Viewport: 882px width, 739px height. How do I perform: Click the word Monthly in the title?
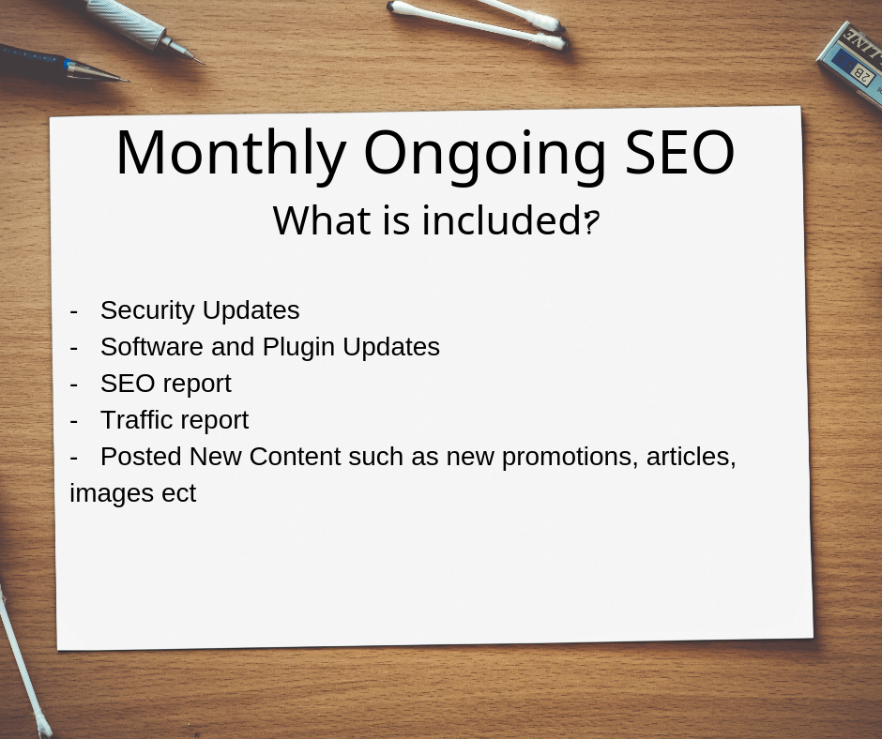(x=231, y=154)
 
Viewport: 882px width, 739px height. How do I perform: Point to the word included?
(x=502, y=219)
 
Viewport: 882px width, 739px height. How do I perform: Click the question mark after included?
(x=591, y=222)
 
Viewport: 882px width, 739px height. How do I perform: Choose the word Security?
(x=147, y=310)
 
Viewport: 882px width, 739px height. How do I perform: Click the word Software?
(x=152, y=346)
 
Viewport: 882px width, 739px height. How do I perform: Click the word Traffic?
(x=134, y=419)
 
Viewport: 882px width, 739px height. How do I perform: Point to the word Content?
(x=295, y=456)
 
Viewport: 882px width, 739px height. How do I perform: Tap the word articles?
(x=691, y=456)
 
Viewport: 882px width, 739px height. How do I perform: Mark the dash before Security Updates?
(x=74, y=311)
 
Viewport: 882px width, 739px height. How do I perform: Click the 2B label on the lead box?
(x=864, y=71)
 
